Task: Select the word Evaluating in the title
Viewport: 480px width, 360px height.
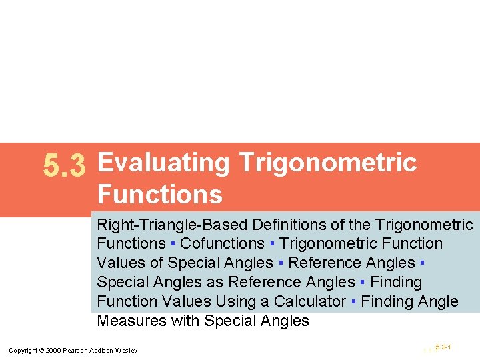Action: (x=163, y=162)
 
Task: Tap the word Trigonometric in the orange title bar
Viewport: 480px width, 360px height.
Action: (x=327, y=162)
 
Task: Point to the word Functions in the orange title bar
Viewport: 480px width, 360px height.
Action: (x=159, y=195)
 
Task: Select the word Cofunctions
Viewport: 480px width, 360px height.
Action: (x=222, y=244)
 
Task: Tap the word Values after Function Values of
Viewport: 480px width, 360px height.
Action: (x=130, y=263)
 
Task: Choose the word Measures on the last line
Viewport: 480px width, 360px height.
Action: (x=130, y=321)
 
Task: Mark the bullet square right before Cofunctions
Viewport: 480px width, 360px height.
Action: (x=173, y=245)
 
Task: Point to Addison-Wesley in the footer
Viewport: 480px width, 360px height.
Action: (x=116, y=351)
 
